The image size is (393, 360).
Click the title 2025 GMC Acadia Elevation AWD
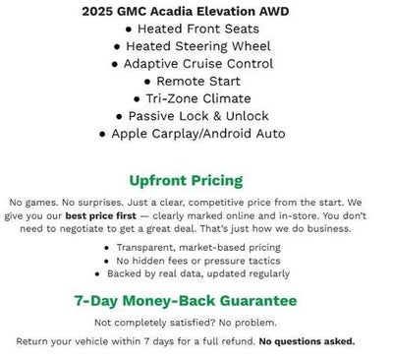pyautogui.click(x=196, y=13)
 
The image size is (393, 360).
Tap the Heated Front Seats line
pyautogui.click(x=202, y=30)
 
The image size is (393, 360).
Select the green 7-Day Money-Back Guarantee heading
pyautogui.click(x=196, y=300)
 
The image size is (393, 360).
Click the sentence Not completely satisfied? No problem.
pyautogui.click(x=196, y=323)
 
